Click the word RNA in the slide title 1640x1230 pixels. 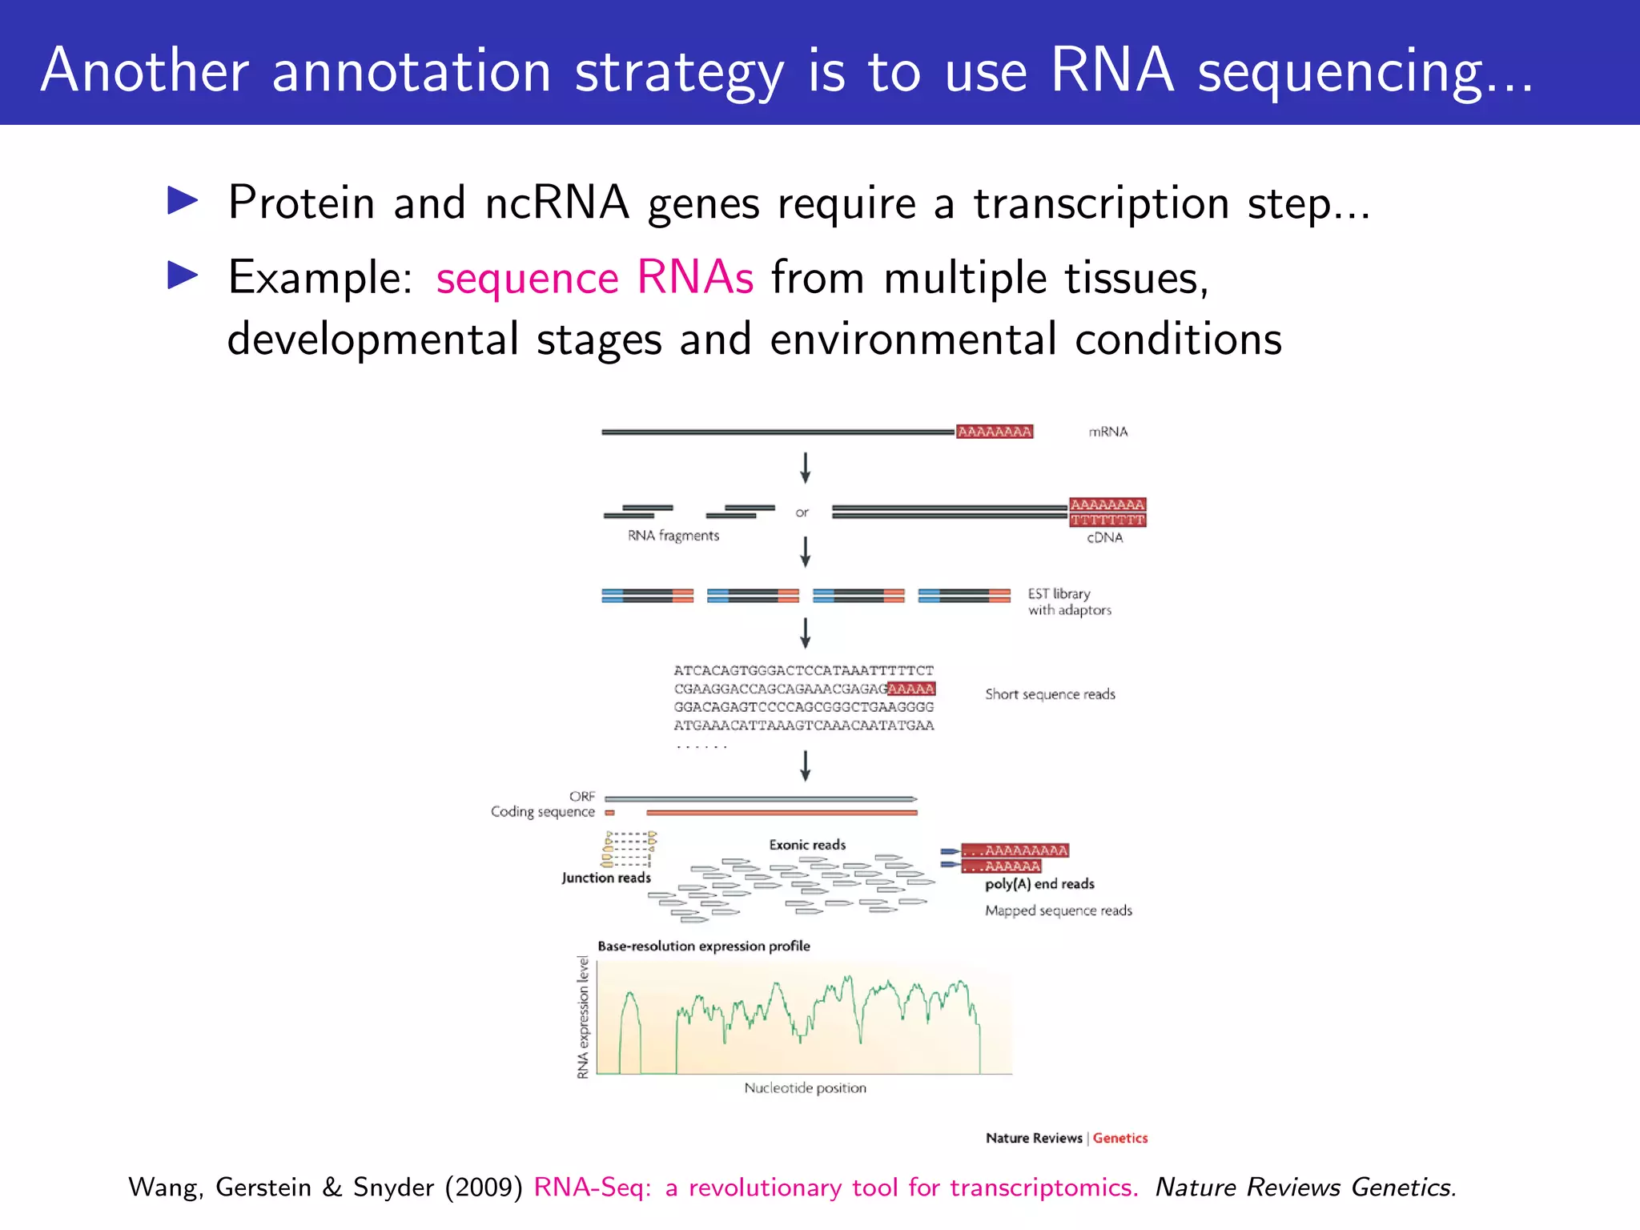coord(1111,70)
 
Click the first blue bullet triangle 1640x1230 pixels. coord(183,201)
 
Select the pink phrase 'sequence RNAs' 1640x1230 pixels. coord(594,278)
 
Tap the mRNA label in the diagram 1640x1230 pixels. coord(1107,432)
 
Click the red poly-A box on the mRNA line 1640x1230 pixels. coord(995,432)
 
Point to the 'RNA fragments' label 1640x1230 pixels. coord(673,536)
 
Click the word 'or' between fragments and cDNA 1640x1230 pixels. coord(802,512)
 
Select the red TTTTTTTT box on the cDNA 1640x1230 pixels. coord(1107,521)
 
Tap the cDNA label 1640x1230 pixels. coord(1104,538)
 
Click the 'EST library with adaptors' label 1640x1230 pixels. coord(1068,601)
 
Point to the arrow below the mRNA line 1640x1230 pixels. coord(806,468)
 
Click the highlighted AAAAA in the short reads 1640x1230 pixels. coord(911,689)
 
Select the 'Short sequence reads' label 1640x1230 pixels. coord(1050,694)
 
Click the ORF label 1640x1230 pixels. coord(582,797)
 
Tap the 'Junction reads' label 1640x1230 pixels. coord(606,878)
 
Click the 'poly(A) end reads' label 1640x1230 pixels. coord(1039,884)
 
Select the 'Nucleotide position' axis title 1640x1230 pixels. coord(805,1088)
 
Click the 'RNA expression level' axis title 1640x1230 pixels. coord(583,1017)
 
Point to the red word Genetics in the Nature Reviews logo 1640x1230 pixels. coord(1119,1138)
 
